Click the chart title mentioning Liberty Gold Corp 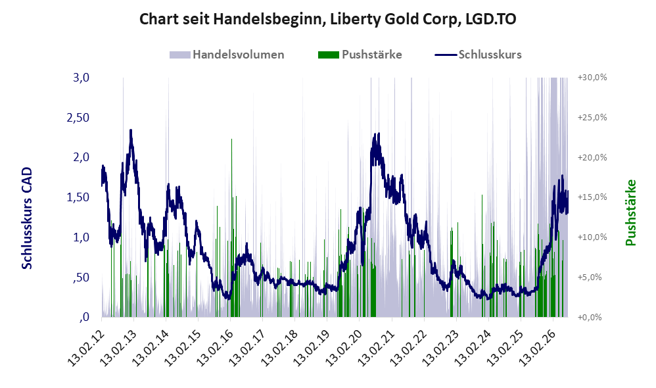point(327,19)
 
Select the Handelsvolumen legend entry point(227,55)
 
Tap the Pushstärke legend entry point(360,55)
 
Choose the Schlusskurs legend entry point(478,55)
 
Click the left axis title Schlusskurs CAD point(27,218)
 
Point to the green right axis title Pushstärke point(630,212)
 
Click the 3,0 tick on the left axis point(81,78)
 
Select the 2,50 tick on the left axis point(78,117)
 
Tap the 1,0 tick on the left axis point(81,237)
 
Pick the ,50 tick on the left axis point(81,277)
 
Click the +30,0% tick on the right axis point(592,78)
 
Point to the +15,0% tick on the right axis point(592,197)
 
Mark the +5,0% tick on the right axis point(590,277)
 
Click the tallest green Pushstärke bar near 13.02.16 point(231,228)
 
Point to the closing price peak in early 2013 point(131,130)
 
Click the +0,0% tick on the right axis point(590,317)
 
